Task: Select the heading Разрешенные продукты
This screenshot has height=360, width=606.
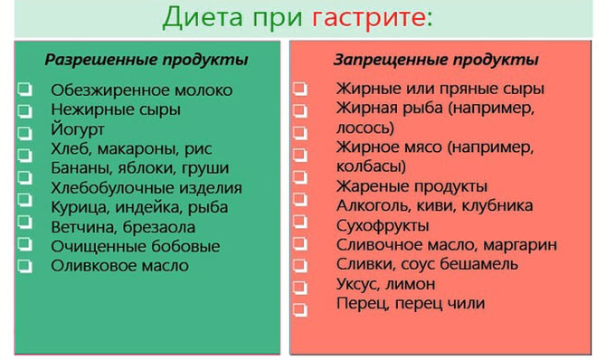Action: pos(147,60)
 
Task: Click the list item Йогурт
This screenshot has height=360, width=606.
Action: pos(79,129)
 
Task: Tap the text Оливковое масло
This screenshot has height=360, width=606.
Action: pos(120,265)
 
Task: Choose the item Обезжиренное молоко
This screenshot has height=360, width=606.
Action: pos(142,90)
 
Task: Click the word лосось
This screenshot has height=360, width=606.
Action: pos(364,128)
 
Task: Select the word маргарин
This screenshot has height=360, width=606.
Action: pos(519,245)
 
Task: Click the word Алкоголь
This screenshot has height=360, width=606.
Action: pos(374,206)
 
